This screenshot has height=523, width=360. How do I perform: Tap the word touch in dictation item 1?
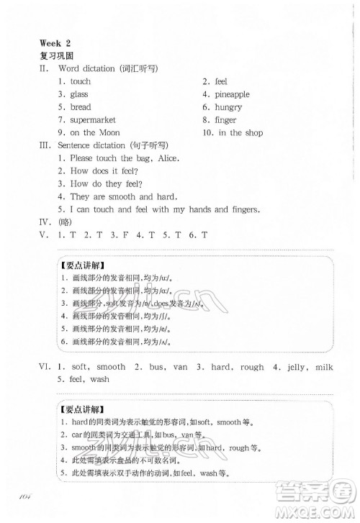coord(81,81)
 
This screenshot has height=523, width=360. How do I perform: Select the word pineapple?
coord(232,94)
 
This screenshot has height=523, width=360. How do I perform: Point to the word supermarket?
coord(93,120)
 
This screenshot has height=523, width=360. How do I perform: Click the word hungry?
coord(230,107)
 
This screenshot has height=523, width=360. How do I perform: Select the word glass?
coord(79,94)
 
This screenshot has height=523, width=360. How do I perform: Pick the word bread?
coord(81,107)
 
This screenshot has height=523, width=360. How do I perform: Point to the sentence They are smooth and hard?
coord(124,196)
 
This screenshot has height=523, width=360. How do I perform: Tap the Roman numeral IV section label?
coord(45,222)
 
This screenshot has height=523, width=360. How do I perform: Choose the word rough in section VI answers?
coord(252,366)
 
